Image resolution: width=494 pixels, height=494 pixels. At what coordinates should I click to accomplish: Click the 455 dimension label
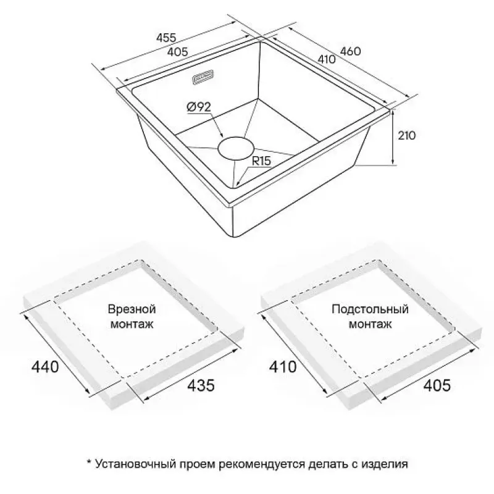(x=166, y=38)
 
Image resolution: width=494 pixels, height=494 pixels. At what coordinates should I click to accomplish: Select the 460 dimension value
(x=350, y=51)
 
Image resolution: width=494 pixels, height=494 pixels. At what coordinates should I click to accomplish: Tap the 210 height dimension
(x=407, y=135)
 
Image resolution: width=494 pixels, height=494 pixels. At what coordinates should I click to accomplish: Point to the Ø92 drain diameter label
(x=198, y=107)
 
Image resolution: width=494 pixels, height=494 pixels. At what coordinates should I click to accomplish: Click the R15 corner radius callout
(x=261, y=161)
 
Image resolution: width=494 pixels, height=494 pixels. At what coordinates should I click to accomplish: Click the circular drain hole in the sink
(x=236, y=148)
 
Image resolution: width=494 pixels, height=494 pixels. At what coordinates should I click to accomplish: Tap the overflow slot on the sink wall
(x=204, y=78)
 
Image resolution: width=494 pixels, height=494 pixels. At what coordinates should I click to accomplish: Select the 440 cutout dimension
(x=45, y=367)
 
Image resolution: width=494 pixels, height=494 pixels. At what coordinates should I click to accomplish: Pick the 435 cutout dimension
(x=201, y=385)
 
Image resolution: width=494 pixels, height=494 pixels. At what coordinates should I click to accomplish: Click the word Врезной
(x=132, y=309)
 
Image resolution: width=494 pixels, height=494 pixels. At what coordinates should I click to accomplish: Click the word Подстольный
(x=370, y=309)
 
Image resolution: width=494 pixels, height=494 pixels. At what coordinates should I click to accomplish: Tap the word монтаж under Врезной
(x=132, y=324)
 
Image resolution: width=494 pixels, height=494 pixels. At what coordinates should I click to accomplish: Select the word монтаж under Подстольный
(x=370, y=324)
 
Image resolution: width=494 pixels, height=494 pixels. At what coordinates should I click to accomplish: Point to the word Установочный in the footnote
(x=135, y=464)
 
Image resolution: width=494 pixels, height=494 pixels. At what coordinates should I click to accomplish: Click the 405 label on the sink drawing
(x=177, y=52)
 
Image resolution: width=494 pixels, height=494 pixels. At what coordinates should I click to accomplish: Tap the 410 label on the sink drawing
(x=327, y=59)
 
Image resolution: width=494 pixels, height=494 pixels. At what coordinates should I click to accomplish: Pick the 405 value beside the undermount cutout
(x=437, y=385)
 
